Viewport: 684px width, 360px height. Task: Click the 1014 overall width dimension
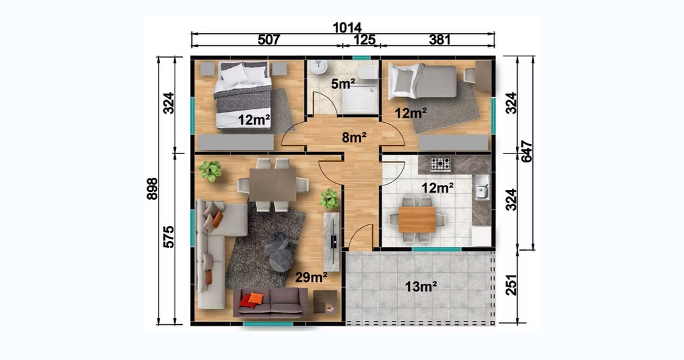(x=347, y=27)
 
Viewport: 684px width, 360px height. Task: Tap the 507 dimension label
(x=269, y=40)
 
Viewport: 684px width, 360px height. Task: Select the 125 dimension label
(x=364, y=40)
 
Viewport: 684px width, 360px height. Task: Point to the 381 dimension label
(x=440, y=40)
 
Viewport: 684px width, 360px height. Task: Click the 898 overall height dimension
(x=152, y=189)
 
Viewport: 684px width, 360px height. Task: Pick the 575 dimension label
(x=168, y=237)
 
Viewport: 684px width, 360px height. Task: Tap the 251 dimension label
(x=511, y=285)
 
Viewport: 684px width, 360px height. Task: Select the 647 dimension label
(x=527, y=152)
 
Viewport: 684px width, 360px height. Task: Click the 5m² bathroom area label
(x=343, y=84)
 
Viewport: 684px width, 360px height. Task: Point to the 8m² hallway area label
(x=354, y=137)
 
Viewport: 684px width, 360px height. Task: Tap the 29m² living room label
(x=311, y=277)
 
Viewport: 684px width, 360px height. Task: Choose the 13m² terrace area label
(x=421, y=286)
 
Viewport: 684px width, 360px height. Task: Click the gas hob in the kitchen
(x=440, y=164)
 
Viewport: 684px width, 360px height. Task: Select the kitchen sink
(x=482, y=187)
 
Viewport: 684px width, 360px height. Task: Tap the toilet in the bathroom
(x=367, y=72)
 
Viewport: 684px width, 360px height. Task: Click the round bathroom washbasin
(x=319, y=67)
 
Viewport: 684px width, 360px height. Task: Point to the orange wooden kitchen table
(x=417, y=220)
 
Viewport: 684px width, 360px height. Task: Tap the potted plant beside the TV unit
(x=329, y=199)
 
